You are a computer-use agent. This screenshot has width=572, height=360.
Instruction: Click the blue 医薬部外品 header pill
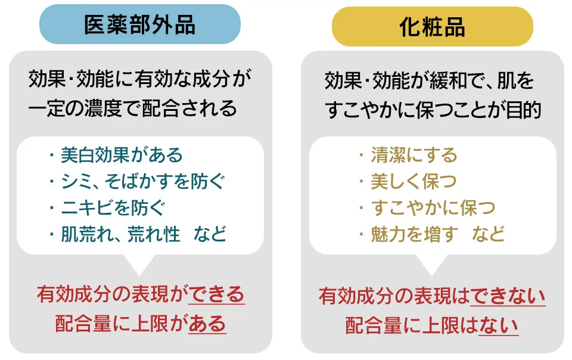(x=140, y=24)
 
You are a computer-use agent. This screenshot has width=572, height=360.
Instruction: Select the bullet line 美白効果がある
(x=122, y=156)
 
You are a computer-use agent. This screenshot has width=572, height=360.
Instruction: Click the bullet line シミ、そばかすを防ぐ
(x=144, y=181)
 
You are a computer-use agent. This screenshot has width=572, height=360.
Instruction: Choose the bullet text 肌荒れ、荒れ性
(x=120, y=234)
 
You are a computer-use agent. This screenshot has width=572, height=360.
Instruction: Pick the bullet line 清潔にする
(x=414, y=156)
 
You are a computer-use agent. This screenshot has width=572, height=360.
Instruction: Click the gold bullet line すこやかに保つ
(x=433, y=207)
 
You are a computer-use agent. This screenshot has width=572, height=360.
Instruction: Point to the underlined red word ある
(x=207, y=324)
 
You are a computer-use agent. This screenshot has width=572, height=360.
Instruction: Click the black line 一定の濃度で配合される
(x=133, y=108)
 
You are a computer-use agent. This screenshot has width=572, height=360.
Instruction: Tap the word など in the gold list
(x=489, y=234)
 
